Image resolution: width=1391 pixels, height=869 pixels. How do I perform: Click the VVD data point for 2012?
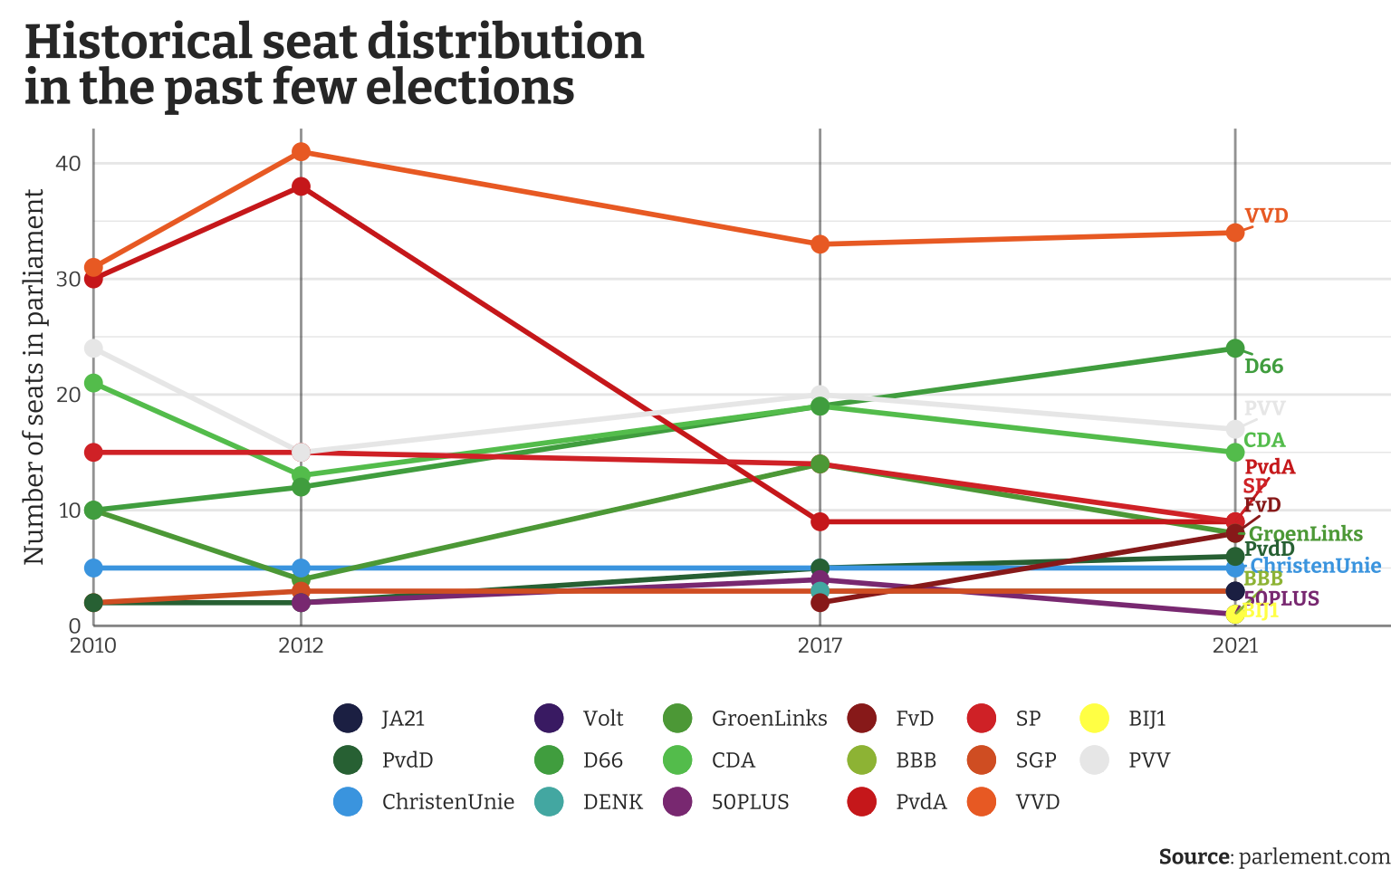302,152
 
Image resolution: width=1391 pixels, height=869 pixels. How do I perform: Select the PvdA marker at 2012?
302,186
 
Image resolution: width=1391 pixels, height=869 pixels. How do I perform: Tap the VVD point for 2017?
820,244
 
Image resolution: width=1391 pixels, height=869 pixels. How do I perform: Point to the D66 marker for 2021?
1234,349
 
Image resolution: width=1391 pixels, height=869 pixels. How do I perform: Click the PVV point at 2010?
93,349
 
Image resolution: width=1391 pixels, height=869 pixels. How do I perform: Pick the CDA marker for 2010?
93,383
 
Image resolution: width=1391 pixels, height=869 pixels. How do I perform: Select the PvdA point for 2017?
820,521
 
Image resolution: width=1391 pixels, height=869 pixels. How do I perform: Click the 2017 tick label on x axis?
820,645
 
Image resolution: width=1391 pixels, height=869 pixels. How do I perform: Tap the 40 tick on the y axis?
69,164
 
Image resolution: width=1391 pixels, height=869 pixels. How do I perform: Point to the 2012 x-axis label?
302,645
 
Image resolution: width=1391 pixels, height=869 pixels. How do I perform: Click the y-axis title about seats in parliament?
34,377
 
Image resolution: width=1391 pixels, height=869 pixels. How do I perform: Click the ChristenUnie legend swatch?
348,802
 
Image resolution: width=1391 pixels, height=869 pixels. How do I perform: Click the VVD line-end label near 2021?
1266,216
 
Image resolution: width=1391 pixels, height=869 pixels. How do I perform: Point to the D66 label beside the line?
1263,367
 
